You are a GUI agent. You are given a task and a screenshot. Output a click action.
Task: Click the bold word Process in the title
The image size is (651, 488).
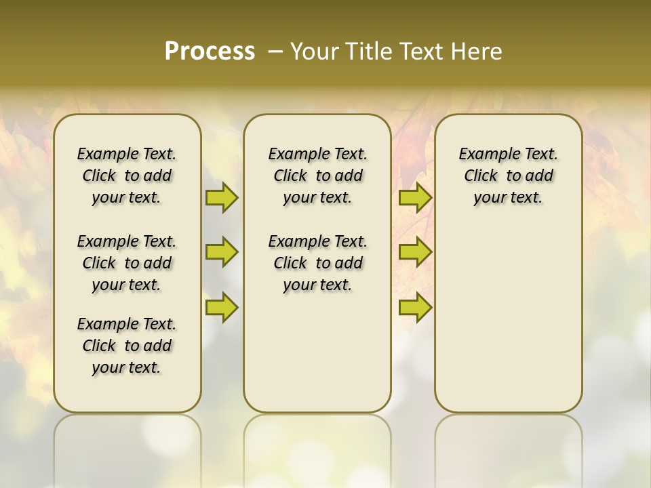click(210, 52)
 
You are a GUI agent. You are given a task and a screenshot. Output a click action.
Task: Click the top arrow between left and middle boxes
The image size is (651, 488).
click(222, 198)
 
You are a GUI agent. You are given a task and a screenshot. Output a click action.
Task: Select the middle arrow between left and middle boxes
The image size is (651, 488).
click(222, 252)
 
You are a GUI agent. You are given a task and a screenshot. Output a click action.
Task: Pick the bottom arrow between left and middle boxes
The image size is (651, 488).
click(222, 307)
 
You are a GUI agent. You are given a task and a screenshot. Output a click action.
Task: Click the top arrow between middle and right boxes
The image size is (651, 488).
click(415, 198)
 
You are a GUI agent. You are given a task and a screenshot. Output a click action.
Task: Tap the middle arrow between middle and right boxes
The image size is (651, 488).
click(415, 252)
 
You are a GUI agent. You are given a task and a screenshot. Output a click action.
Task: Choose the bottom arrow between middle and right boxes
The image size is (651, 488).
click(415, 307)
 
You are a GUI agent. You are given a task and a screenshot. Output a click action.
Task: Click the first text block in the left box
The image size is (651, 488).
click(127, 176)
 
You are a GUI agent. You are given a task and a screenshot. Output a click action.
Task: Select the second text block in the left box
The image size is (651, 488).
click(127, 263)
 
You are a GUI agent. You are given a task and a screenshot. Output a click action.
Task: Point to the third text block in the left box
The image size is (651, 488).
click(127, 346)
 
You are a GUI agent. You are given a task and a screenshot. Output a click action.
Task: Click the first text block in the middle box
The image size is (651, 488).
click(317, 176)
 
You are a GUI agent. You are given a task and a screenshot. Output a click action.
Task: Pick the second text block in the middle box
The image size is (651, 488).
click(317, 263)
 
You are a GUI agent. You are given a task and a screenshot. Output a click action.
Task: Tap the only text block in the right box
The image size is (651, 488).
click(508, 176)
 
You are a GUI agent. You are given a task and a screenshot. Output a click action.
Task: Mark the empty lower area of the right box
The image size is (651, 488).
click(508, 312)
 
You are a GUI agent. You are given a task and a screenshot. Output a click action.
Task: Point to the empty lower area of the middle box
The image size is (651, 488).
click(317, 352)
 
